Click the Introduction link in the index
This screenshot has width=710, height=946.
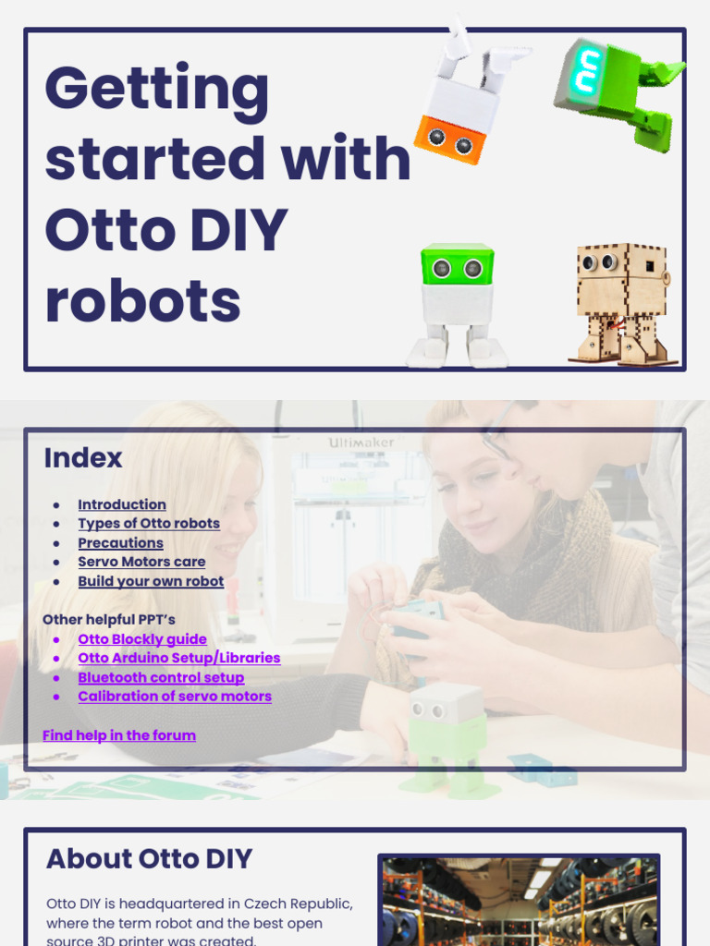coord(122,504)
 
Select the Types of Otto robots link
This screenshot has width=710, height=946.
coord(149,524)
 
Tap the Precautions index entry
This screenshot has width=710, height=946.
coord(120,543)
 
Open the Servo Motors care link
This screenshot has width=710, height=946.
coord(141,562)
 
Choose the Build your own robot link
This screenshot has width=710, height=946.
coord(151,582)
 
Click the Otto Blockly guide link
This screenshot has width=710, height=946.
coord(142,639)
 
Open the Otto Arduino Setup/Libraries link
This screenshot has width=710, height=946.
coord(179,659)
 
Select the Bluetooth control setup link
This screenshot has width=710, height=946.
coord(161,678)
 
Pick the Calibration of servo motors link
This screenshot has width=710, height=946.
coord(175,697)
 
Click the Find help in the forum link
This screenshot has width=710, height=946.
coord(119,735)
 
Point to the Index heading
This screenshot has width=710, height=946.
coord(83,458)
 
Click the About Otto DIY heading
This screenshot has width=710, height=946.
coord(149,859)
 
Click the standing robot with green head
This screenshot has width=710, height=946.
coord(457,306)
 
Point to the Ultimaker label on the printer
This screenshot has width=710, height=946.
coord(361,443)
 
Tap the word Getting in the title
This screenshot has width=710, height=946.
coord(156,89)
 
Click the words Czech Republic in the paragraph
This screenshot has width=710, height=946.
coord(299,904)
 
